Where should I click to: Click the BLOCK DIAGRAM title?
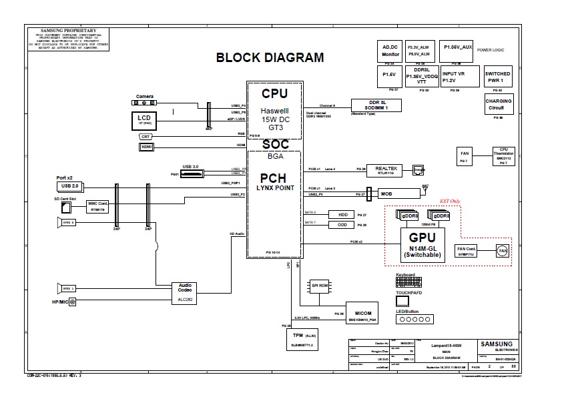coord(270,57)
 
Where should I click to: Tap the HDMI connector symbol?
coord(146,146)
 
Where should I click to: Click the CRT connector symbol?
coord(146,136)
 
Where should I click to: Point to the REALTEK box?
coord(388,171)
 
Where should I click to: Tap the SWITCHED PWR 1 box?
coord(497,76)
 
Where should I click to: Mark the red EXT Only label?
coord(449,200)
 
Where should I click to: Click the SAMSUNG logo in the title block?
coord(497,346)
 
